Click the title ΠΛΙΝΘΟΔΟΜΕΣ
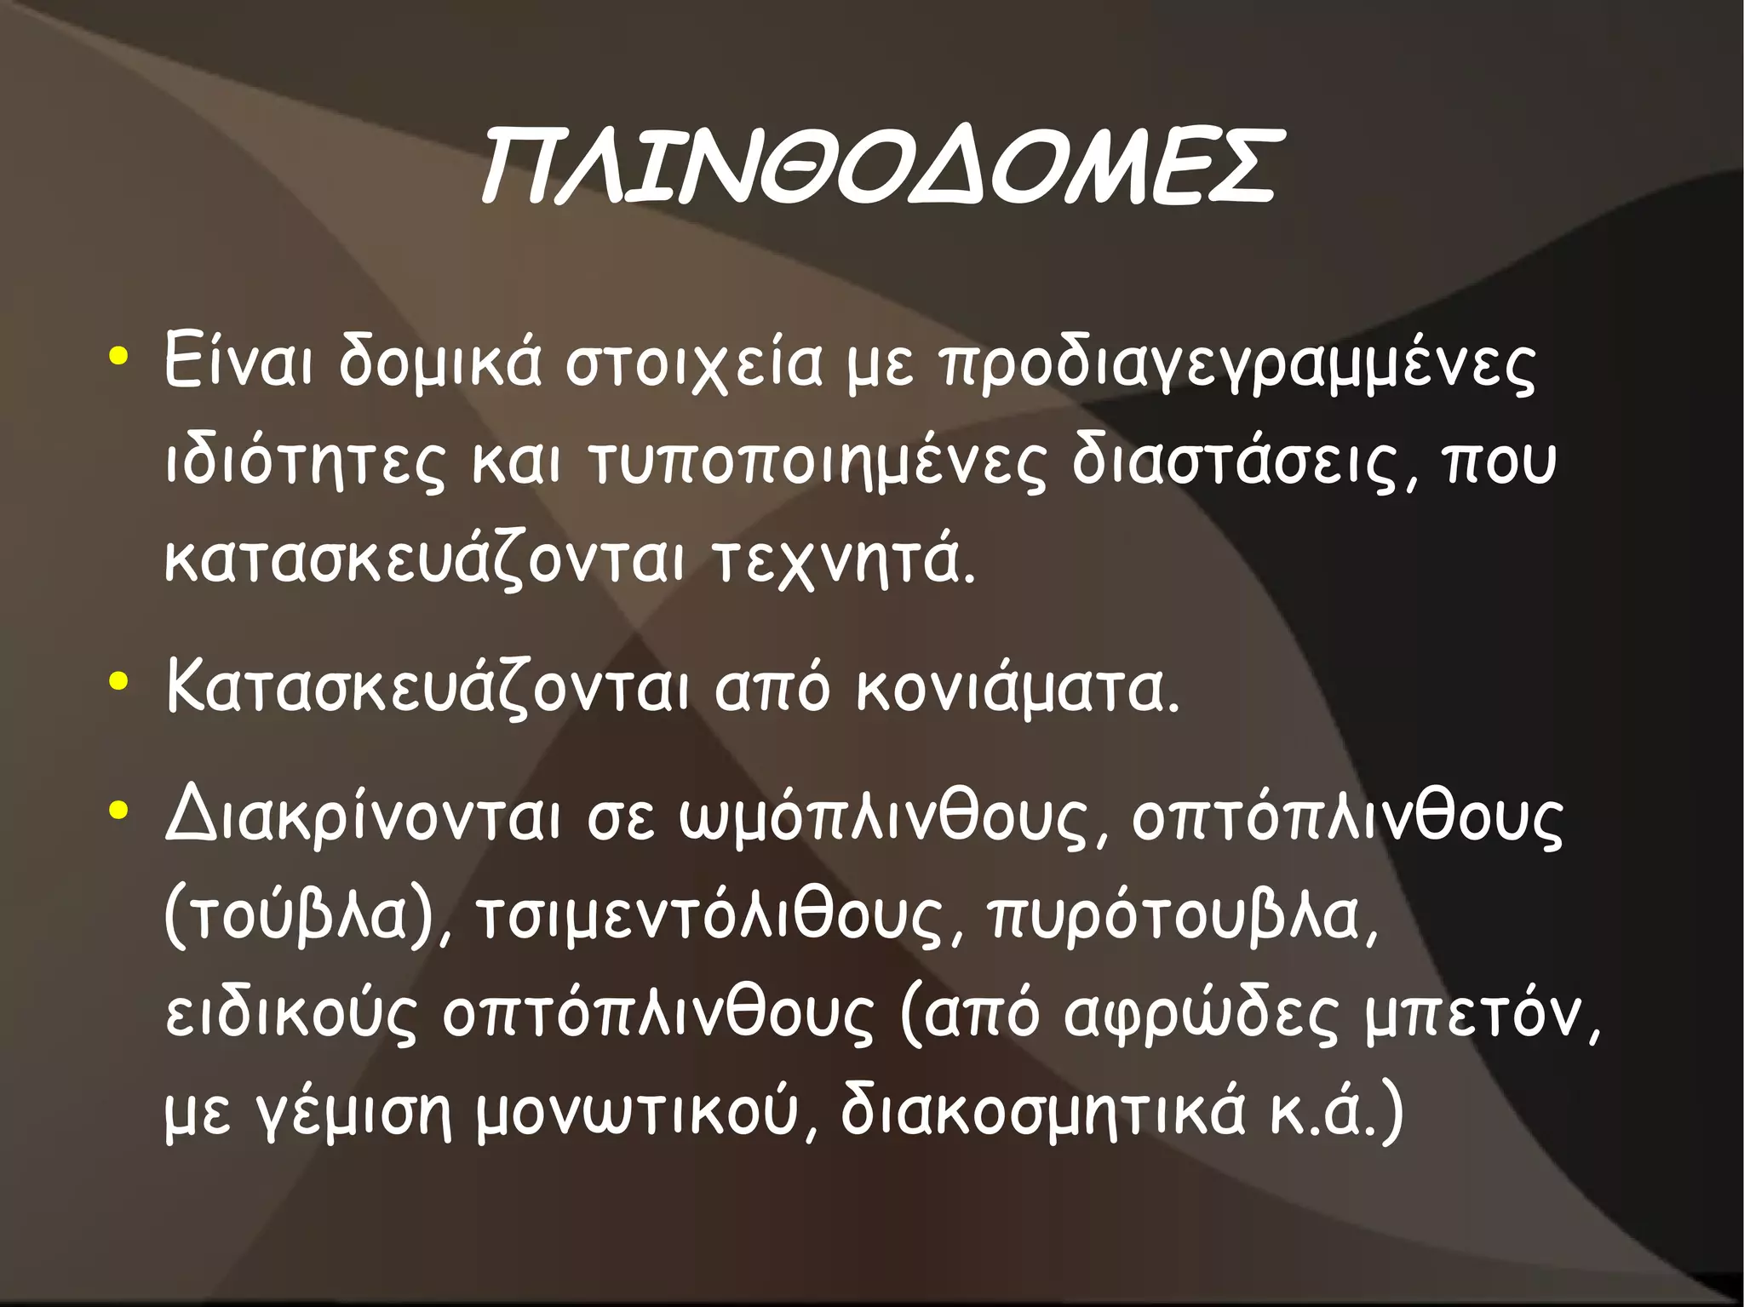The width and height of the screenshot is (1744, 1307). [877, 167]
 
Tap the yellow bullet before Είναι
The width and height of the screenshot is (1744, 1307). [119, 355]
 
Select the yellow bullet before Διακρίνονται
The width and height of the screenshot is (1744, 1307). [119, 811]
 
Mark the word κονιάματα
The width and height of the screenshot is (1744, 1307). [1018, 690]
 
